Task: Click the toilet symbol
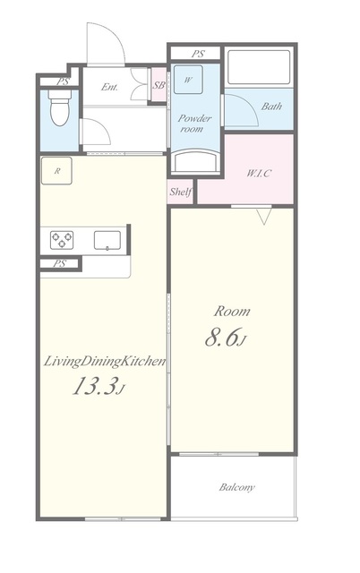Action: (60, 107)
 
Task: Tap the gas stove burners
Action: (62, 240)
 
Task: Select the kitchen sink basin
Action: (107, 240)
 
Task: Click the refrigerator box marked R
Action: (56, 171)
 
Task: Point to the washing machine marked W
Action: (188, 80)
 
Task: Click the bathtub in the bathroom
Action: (259, 67)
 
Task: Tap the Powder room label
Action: (194, 124)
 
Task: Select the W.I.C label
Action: (259, 173)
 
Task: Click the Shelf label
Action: (181, 192)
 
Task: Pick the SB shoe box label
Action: (159, 86)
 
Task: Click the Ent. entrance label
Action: (109, 87)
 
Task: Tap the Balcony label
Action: (236, 487)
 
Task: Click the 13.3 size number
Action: (93, 386)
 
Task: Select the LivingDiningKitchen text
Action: (105, 362)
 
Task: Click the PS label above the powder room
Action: (198, 54)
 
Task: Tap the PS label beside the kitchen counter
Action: (60, 263)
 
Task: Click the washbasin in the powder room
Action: (195, 161)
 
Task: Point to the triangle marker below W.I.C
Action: (264, 216)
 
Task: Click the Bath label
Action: (271, 107)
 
